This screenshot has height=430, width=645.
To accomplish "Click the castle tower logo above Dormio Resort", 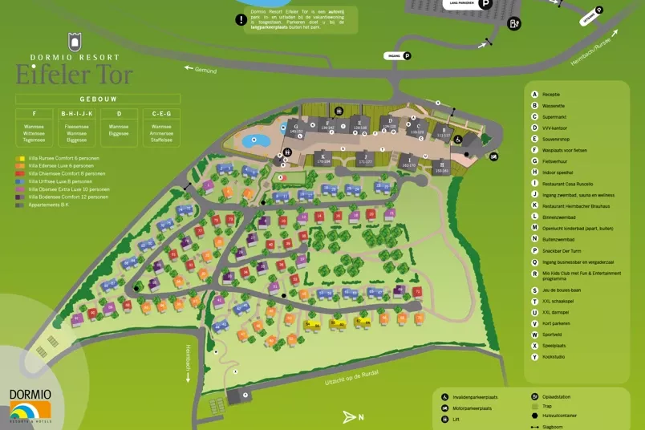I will (x=75, y=42).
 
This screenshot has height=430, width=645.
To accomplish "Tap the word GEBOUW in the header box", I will (x=97, y=99).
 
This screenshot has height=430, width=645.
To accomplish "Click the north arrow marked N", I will (x=353, y=416).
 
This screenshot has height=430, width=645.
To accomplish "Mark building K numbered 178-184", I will (x=323, y=157).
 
